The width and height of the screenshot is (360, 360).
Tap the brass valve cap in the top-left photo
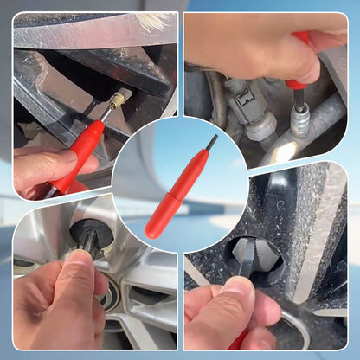pos(119,99)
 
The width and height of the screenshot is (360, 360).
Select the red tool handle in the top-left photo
pos(83,147)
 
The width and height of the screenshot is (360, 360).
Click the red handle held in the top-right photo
pos(299,65)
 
